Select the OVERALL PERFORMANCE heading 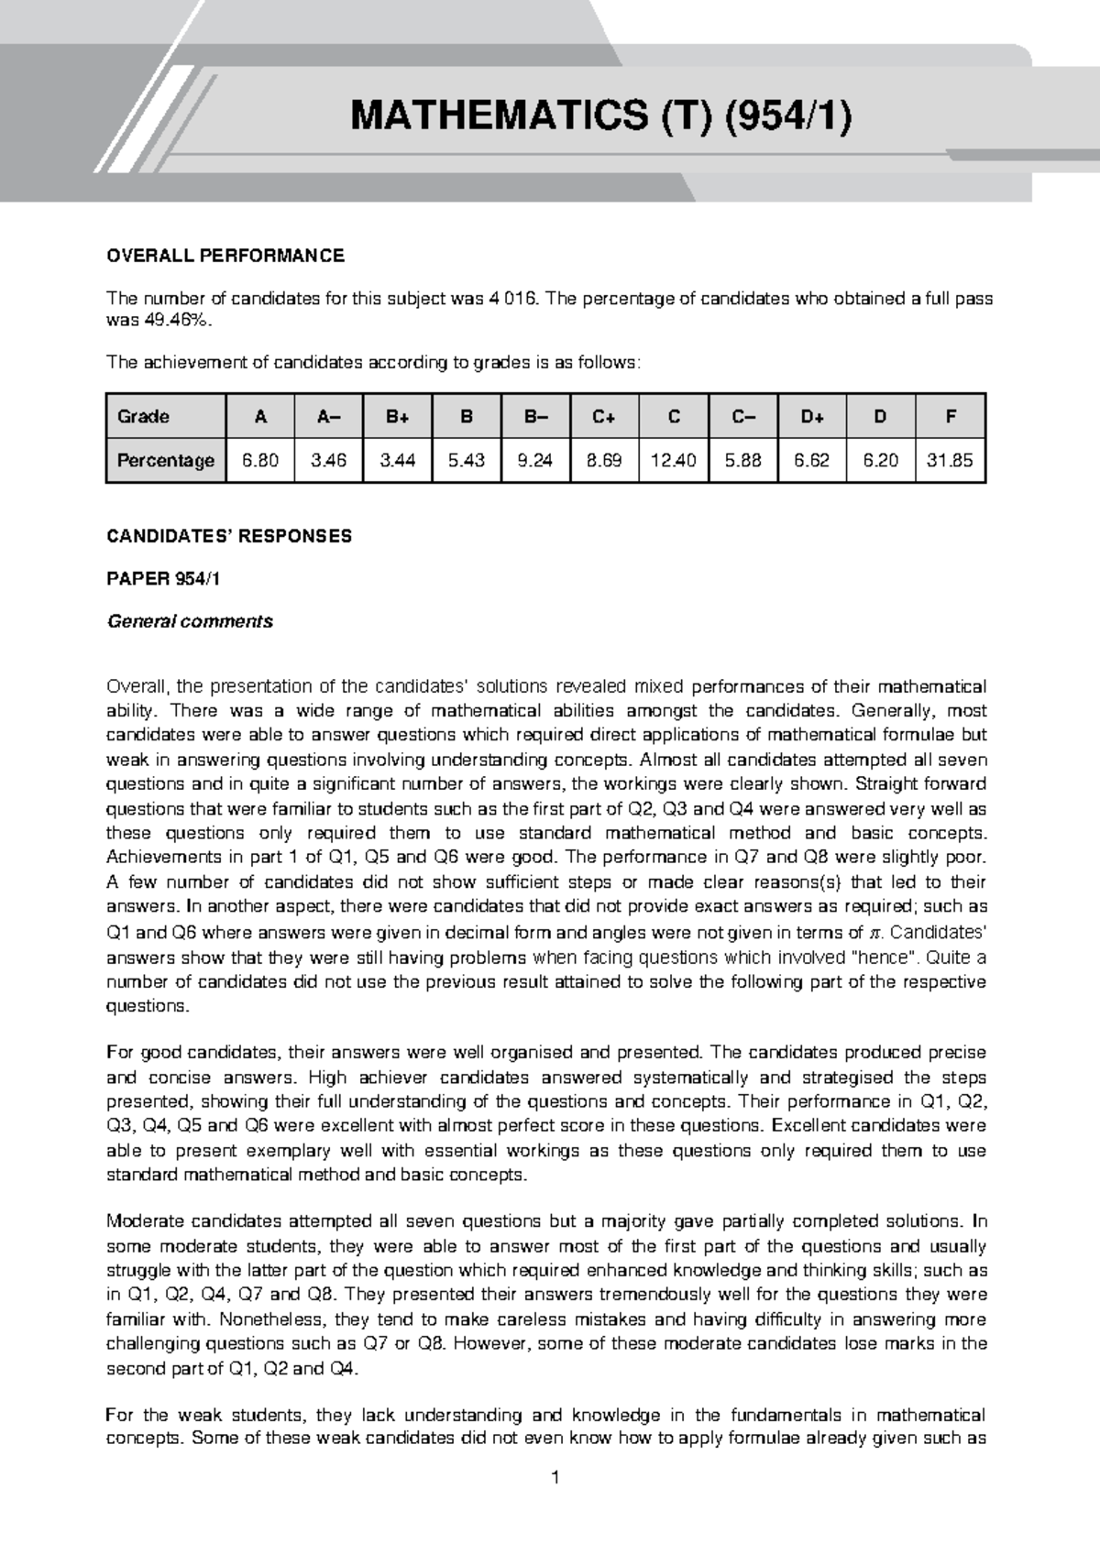(x=225, y=256)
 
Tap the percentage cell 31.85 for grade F (x=950, y=460)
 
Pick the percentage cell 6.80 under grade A (x=260, y=460)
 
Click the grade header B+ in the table (x=398, y=417)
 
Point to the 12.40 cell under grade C (x=674, y=460)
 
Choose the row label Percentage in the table (x=166, y=460)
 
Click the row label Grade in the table (x=144, y=417)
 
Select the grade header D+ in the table (x=812, y=417)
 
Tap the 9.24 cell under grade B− (x=535, y=460)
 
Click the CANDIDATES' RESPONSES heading (x=229, y=536)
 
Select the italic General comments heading (x=190, y=621)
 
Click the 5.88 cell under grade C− (x=742, y=460)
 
